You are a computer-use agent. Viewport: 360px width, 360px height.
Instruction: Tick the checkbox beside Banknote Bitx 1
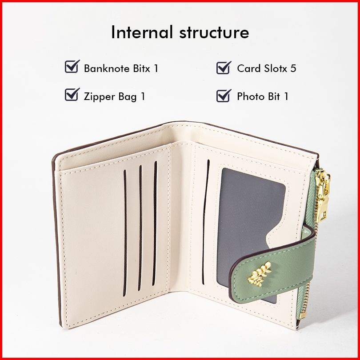[72, 67]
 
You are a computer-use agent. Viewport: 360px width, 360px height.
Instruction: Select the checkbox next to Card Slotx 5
[223, 68]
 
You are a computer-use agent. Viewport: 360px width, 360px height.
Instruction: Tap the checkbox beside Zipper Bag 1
[72, 95]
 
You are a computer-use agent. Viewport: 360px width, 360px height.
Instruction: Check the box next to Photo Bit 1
[223, 95]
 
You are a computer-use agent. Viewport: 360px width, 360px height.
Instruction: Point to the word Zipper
[100, 96]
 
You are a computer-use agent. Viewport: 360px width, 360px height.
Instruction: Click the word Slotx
[274, 68]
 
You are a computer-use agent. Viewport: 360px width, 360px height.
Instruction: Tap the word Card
[248, 68]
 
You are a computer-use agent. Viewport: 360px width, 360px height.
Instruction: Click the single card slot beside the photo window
[207, 222]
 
